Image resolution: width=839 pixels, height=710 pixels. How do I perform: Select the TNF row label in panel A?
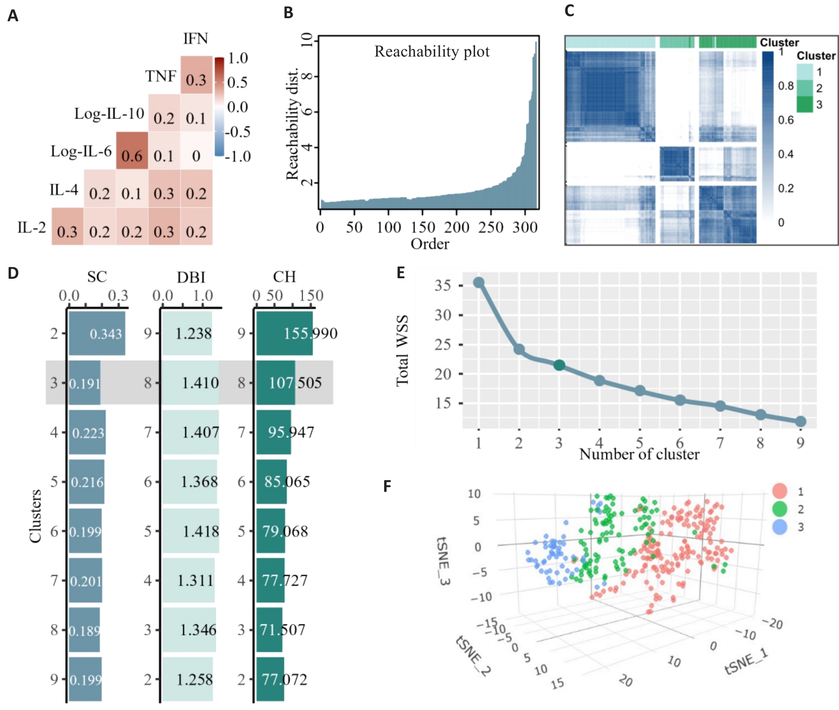[x=161, y=76]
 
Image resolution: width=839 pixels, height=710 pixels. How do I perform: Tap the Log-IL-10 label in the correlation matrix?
[x=109, y=114]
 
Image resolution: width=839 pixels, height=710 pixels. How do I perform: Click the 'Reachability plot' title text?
[x=432, y=52]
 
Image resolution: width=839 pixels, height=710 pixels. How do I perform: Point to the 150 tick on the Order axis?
[x=423, y=227]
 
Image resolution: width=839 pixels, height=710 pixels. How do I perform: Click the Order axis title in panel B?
[x=430, y=244]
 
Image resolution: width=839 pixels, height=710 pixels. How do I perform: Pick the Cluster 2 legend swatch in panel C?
[x=805, y=88]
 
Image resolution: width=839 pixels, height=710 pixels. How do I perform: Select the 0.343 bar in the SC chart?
[x=97, y=333]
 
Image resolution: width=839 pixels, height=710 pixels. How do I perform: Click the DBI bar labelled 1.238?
[x=187, y=333]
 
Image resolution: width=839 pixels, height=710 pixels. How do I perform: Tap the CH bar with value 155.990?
[x=284, y=333]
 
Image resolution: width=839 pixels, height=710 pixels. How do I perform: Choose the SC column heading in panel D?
[x=97, y=277]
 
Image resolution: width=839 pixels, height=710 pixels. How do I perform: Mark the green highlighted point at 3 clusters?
[x=559, y=365]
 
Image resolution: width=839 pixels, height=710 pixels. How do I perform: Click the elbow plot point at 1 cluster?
[x=479, y=283]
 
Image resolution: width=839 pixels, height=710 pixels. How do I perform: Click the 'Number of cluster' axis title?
[x=639, y=454]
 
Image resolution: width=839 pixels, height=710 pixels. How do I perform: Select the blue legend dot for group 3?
[x=780, y=527]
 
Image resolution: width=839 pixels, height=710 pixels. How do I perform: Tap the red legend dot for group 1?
[x=780, y=491]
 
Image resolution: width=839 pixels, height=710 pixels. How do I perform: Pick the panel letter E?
[x=401, y=273]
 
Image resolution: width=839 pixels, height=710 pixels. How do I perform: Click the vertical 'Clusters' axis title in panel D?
[x=35, y=516]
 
